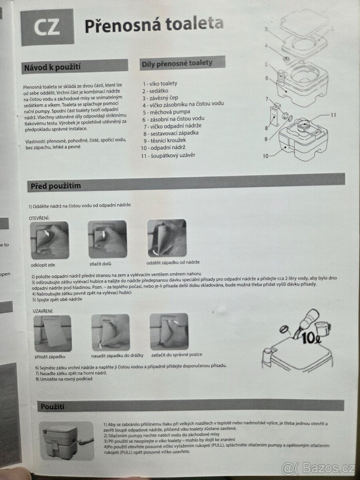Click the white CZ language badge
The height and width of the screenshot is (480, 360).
pos(47,27)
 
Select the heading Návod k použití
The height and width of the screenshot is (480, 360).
pos(52,67)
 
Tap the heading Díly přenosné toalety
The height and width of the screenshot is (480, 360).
pos(177,64)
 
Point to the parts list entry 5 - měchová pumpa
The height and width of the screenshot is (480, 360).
pos(166,112)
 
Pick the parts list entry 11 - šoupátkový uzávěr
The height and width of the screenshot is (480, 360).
pos(168,156)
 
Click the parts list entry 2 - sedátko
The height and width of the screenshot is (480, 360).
pos(156,91)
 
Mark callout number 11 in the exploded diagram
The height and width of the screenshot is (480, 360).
pos(333,115)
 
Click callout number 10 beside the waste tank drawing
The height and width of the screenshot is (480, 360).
pos(266,156)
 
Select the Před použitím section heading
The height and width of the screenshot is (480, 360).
pos(56,186)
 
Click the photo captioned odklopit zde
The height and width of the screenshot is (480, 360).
pos(50,240)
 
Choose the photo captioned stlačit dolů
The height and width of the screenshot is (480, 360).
pos(107,239)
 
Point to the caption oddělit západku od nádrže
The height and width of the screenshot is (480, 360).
pos(173,262)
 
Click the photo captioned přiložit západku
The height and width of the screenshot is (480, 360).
pos(53,333)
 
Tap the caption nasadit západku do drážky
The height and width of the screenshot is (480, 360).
pos(117,355)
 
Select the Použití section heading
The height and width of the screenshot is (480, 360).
pos(52,407)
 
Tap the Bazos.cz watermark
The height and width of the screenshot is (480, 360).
pos(318,468)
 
